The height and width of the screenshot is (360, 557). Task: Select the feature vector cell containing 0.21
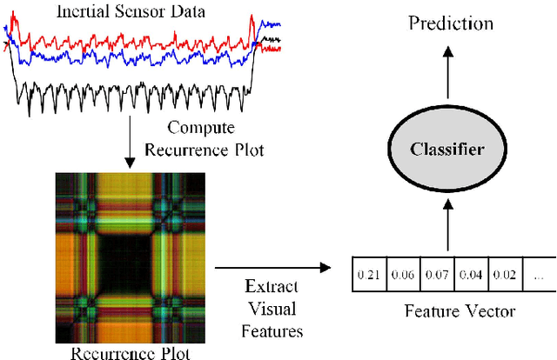(368, 277)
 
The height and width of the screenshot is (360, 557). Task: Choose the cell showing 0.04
(469, 277)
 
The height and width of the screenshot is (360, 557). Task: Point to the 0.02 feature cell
(504, 277)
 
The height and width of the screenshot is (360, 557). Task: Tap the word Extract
(272, 287)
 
